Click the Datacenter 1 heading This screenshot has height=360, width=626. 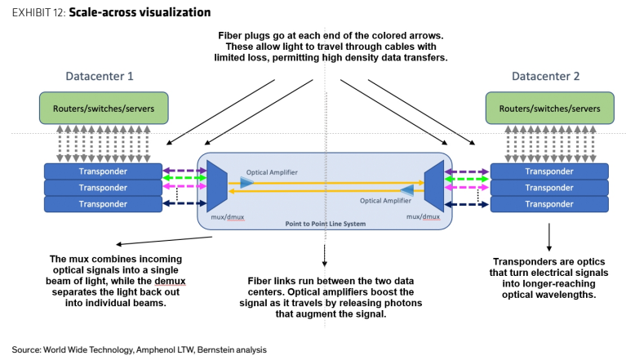click(x=100, y=76)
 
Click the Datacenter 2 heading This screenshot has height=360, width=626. click(x=545, y=76)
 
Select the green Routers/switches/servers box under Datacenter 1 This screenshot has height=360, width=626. click(x=104, y=108)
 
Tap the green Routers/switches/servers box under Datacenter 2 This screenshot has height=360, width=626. click(x=550, y=108)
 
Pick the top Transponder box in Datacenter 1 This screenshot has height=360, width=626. click(x=103, y=171)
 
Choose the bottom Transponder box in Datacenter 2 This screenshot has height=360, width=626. click(x=549, y=204)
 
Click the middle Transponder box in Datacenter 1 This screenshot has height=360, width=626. click(x=103, y=188)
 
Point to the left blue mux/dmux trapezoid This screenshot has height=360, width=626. click(x=217, y=186)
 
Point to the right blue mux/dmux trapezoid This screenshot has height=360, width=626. click(x=434, y=186)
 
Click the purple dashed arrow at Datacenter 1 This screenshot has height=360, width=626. click(x=184, y=171)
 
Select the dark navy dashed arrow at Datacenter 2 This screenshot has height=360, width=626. click(x=467, y=204)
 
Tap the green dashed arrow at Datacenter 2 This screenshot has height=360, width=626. click(x=467, y=180)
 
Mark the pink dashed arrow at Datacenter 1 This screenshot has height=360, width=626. click(x=184, y=186)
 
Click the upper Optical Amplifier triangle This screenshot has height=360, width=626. click(x=246, y=183)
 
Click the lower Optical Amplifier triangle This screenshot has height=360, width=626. click(x=407, y=190)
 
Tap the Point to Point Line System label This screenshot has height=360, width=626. click(x=326, y=224)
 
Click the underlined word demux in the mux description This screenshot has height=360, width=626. click(x=170, y=281)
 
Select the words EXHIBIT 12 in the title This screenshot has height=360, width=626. click(x=38, y=13)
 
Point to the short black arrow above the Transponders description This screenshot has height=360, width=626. click(x=549, y=237)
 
